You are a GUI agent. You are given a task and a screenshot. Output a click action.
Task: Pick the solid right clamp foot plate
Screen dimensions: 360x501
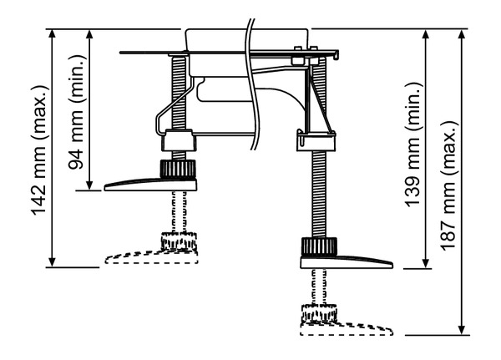pyautogui.click(x=347, y=262)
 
